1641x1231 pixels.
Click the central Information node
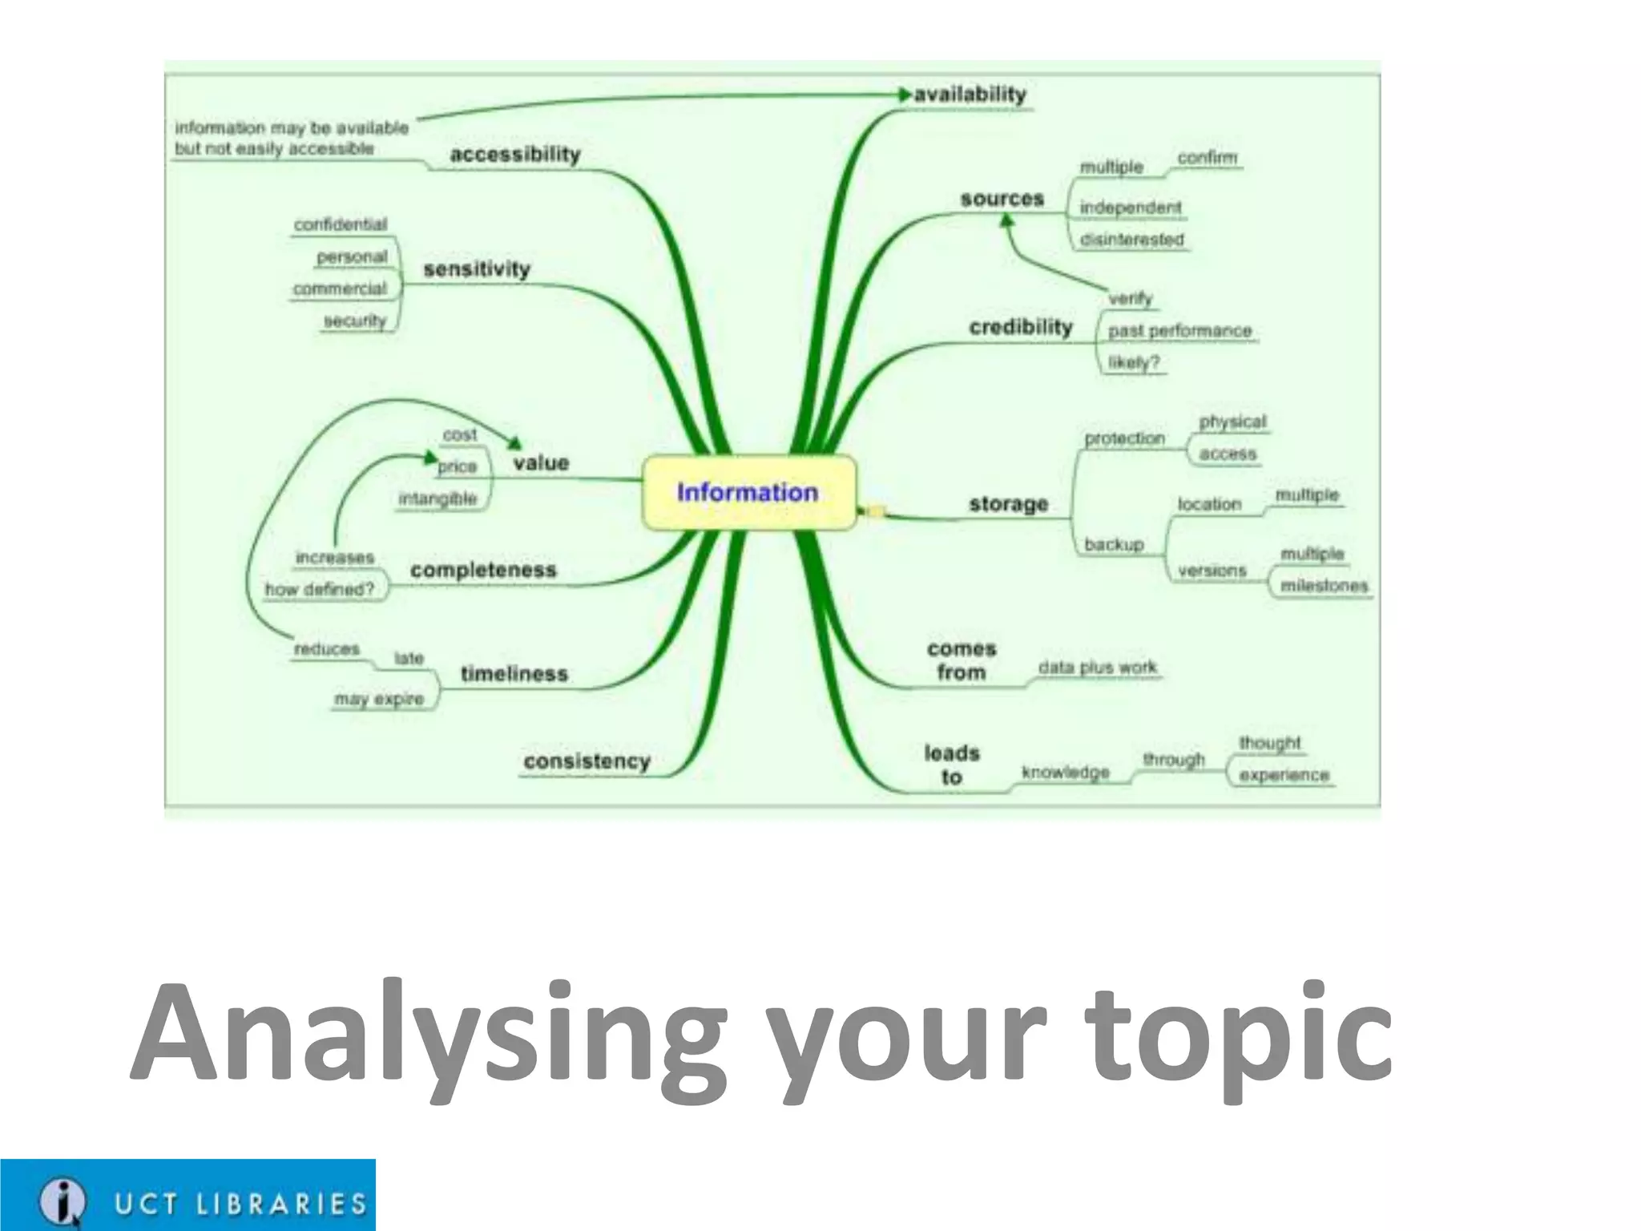click(748, 492)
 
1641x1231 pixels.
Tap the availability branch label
click(970, 95)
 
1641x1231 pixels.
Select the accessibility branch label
click(515, 154)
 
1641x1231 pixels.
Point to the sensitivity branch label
click(477, 269)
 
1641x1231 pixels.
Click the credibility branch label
click(1020, 327)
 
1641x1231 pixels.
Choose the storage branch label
click(1008, 504)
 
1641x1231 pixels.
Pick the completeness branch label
click(483, 570)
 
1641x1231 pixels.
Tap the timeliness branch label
click(514, 674)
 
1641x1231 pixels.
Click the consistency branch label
click(587, 761)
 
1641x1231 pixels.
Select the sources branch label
click(1002, 199)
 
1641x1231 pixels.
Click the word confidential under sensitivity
click(341, 224)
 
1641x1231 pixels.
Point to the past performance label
click(1179, 330)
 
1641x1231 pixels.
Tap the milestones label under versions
click(1324, 586)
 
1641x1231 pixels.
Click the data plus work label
click(1097, 667)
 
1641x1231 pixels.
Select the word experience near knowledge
click(1284, 775)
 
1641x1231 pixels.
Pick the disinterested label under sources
click(1131, 239)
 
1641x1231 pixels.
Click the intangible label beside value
click(437, 498)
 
